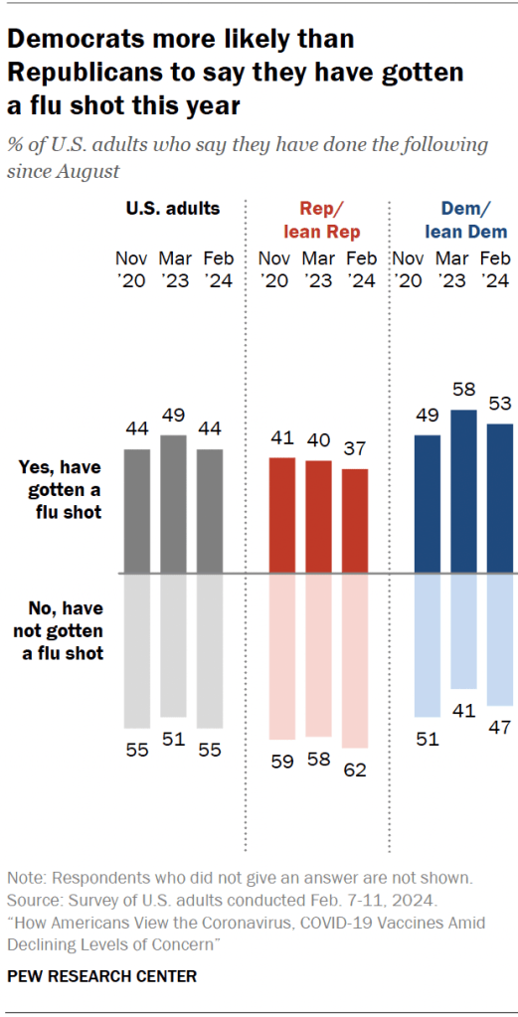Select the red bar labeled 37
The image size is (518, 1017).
point(355,521)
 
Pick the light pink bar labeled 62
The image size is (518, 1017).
point(355,661)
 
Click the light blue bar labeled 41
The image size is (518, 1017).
point(462,632)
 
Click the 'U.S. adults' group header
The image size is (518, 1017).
point(172,209)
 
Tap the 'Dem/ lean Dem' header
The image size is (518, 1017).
point(465,221)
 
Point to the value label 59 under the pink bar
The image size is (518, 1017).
point(282,763)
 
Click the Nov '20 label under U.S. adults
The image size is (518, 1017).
point(135,269)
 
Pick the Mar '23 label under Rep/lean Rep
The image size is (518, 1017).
point(319,269)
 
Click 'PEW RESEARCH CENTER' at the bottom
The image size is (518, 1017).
point(101,976)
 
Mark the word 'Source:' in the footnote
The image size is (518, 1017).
point(35,900)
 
